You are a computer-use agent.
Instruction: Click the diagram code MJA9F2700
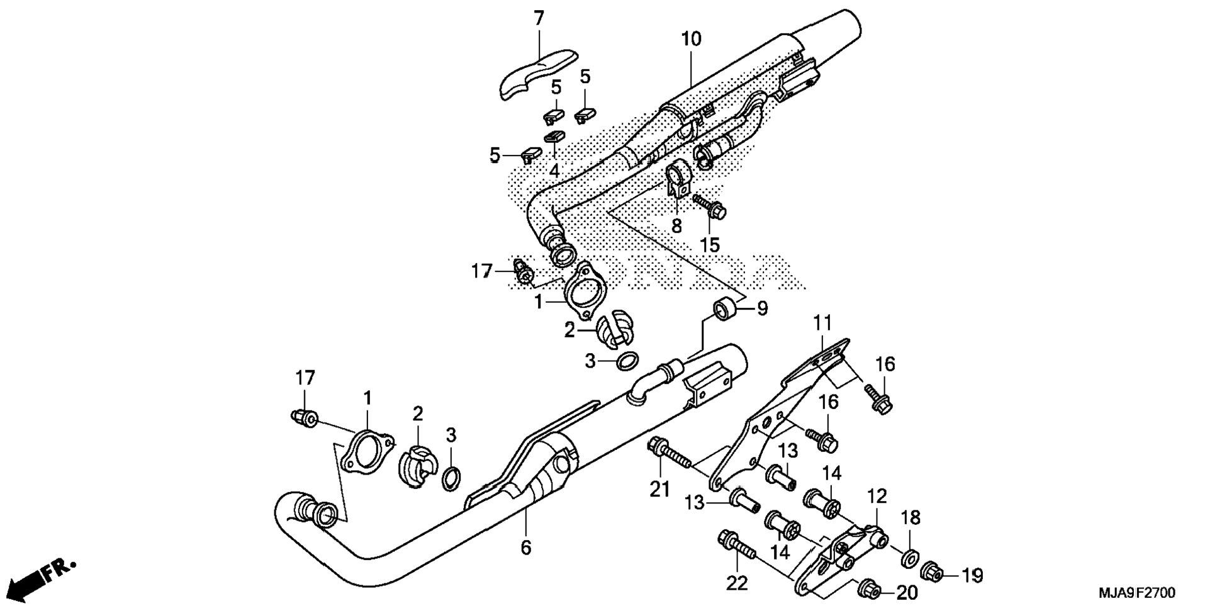click(1136, 593)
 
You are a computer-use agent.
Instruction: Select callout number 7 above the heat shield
click(539, 19)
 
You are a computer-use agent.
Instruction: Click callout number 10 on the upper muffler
click(690, 39)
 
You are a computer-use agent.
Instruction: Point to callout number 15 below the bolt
click(709, 245)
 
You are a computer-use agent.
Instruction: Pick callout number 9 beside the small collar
click(762, 309)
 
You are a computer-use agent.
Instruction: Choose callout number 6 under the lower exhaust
click(525, 548)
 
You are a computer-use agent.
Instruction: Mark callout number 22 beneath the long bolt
click(736, 583)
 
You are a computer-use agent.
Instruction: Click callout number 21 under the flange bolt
click(659, 488)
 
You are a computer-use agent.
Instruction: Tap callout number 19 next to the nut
click(972, 575)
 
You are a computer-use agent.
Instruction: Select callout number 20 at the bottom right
click(907, 592)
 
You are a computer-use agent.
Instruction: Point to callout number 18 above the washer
click(911, 518)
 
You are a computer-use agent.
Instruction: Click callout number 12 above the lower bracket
click(877, 496)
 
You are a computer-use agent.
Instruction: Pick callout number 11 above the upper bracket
click(822, 324)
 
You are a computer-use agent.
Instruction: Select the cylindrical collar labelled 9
click(725, 310)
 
